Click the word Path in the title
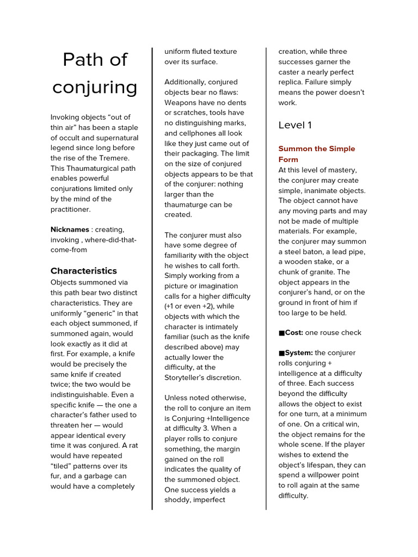[x=79, y=59]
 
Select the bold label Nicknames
[x=70, y=230]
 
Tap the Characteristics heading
[x=83, y=270]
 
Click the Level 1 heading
[x=295, y=125]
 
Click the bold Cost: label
[x=294, y=332]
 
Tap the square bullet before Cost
[x=281, y=332]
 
